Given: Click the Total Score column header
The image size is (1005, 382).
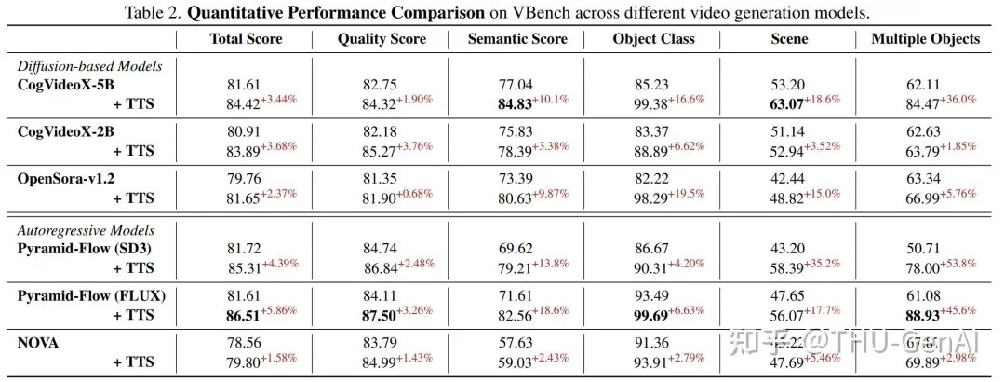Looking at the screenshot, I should [246, 39].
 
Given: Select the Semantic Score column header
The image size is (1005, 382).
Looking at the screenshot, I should [517, 39].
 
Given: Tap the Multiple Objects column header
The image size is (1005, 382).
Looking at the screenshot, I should [925, 39].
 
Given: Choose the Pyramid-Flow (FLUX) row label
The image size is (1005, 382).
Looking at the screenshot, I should [91, 295].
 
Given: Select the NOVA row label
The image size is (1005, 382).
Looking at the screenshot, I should [38, 343].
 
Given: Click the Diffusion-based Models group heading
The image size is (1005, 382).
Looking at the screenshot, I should [90, 66].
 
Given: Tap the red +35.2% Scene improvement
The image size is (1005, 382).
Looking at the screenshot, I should [825, 263].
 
